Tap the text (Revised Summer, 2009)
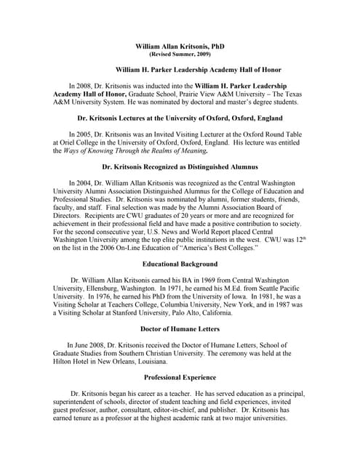coord(179,54)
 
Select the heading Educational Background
coord(180,264)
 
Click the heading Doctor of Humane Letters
coord(180,329)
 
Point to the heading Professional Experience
coord(180,378)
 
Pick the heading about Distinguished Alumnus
coord(179,167)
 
